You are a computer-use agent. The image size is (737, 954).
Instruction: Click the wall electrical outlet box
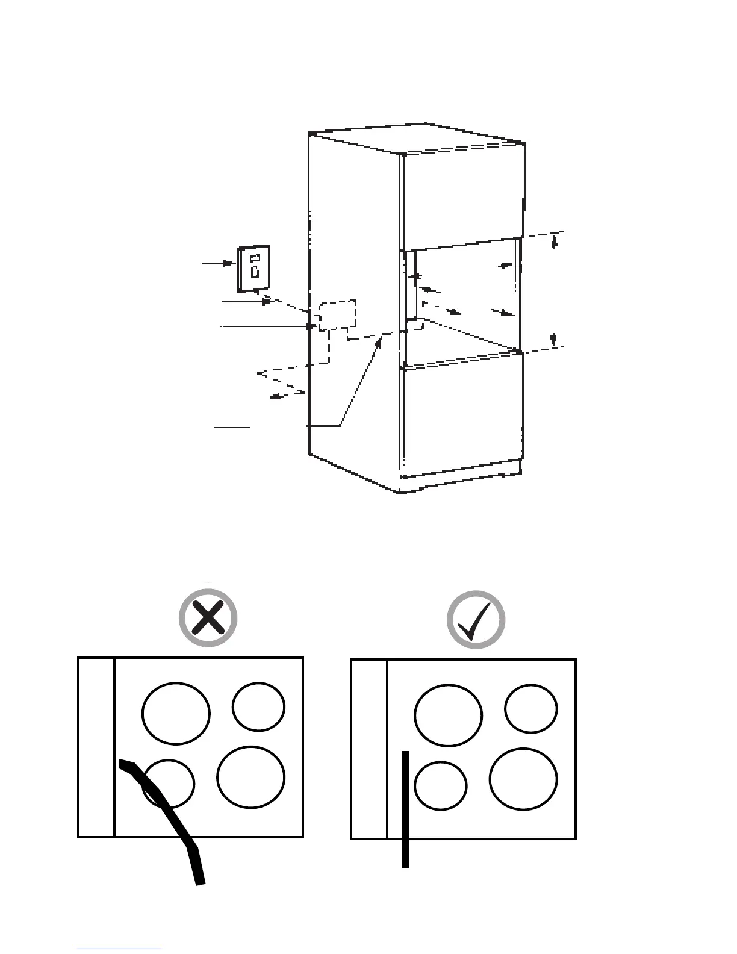pos(254,267)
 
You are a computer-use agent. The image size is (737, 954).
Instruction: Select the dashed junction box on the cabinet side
pos(337,315)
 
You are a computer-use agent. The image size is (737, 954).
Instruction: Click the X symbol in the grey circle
pos(208,618)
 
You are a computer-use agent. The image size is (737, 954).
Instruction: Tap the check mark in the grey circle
pos(476,620)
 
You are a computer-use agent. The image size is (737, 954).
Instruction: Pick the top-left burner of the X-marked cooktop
pos(176,713)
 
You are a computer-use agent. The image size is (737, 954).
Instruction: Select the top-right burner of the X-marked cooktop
pos(259,707)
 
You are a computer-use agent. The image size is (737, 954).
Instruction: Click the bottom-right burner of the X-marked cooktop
pos(250,777)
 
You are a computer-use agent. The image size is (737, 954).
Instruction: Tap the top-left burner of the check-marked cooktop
pos(448,715)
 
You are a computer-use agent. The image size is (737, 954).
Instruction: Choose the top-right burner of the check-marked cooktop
pos(531,709)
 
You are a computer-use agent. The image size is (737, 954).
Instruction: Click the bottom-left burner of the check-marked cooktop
pos(441,786)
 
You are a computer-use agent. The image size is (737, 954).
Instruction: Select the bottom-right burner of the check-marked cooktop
pos(523,779)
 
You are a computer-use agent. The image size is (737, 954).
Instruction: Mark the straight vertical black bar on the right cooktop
pos(406,809)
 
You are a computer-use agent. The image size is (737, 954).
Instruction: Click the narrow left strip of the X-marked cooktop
pos(96,747)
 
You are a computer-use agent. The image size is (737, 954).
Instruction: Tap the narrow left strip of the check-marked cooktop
pos(369,749)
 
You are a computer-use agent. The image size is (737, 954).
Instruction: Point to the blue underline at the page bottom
pos(119,949)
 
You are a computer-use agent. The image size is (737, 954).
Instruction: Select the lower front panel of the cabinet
pos(461,416)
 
